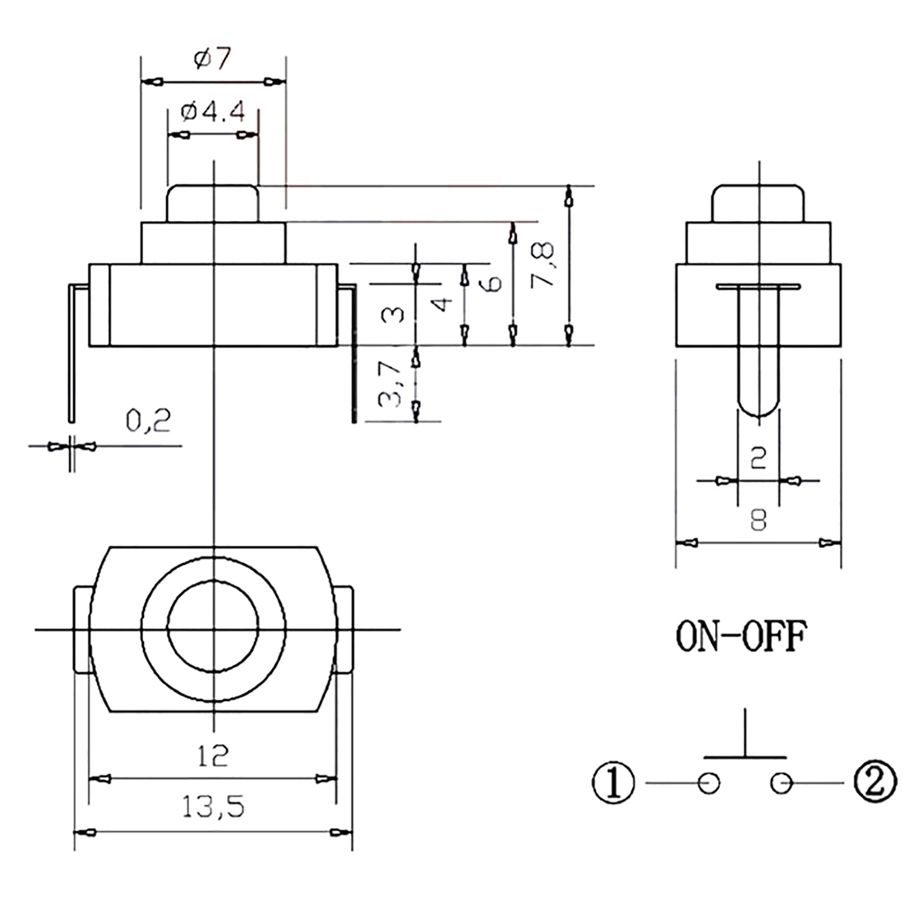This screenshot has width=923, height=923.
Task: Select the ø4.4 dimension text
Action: pos(213,111)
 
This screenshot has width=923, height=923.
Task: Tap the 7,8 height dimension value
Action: pos(543,264)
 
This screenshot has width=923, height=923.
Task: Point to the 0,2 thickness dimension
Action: pos(148,422)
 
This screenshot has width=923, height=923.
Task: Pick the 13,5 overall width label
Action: pos(213,806)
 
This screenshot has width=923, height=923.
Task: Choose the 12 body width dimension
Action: pos(213,755)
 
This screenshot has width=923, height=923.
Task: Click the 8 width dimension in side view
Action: pos(759,521)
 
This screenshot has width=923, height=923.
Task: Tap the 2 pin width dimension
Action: pos(759,457)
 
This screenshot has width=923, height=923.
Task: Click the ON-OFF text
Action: pos(741,637)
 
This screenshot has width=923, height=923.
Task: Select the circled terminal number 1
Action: pos(613,783)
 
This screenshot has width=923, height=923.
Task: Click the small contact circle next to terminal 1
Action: pos(708,783)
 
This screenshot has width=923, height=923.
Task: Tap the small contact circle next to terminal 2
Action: pos(781,783)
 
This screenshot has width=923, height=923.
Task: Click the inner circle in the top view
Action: pos(213,626)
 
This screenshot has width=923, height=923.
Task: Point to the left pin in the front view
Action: pos(71,352)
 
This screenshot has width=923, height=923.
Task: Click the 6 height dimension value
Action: pos(494,283)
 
